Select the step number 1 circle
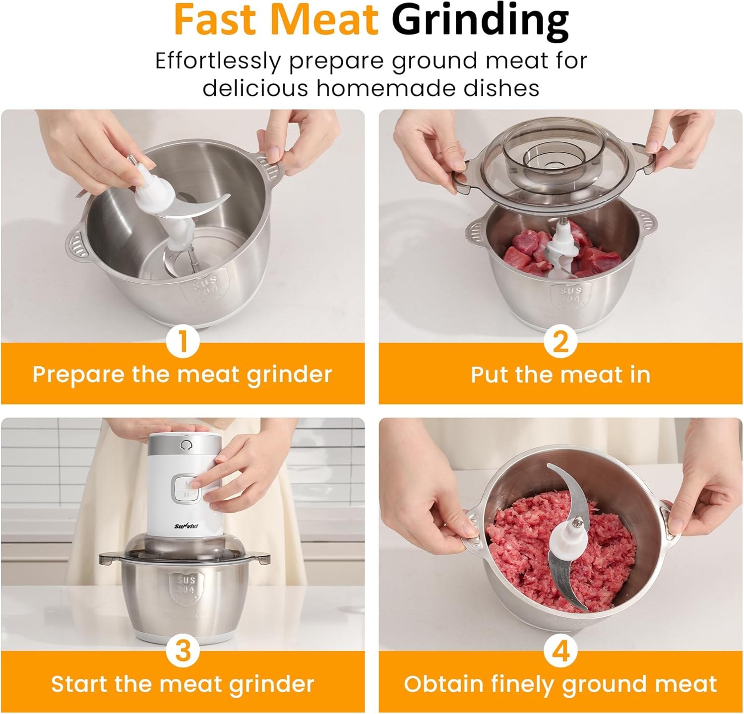click(x=183, y=342)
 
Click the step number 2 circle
click(x=560, y=342)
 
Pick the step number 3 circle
click(x=183, y=650)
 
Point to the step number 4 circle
click(x=560, y=650)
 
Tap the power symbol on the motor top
click(x=186, y=445)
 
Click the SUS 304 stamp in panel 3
click(x=186, y=585)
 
